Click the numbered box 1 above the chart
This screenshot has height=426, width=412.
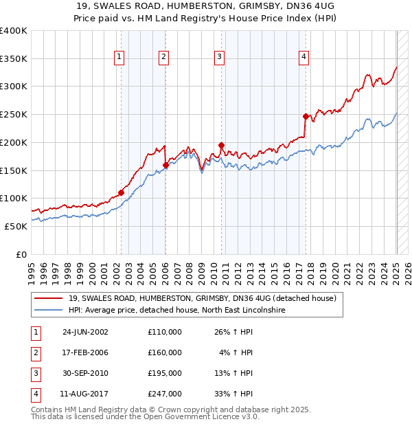[119, 58]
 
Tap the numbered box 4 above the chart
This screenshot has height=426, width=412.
[303, 58]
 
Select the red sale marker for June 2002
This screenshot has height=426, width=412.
[121, 193]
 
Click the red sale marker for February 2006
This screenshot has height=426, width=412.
[165, 165]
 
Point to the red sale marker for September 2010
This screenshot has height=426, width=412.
[221, 145]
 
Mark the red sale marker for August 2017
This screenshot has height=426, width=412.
[306, 116]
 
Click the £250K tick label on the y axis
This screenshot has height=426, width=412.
[14, 114]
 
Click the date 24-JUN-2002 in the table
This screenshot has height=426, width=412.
[85, 332]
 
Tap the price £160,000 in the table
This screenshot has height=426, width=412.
[165, 352]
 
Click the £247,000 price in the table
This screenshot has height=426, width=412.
[165, 394]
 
